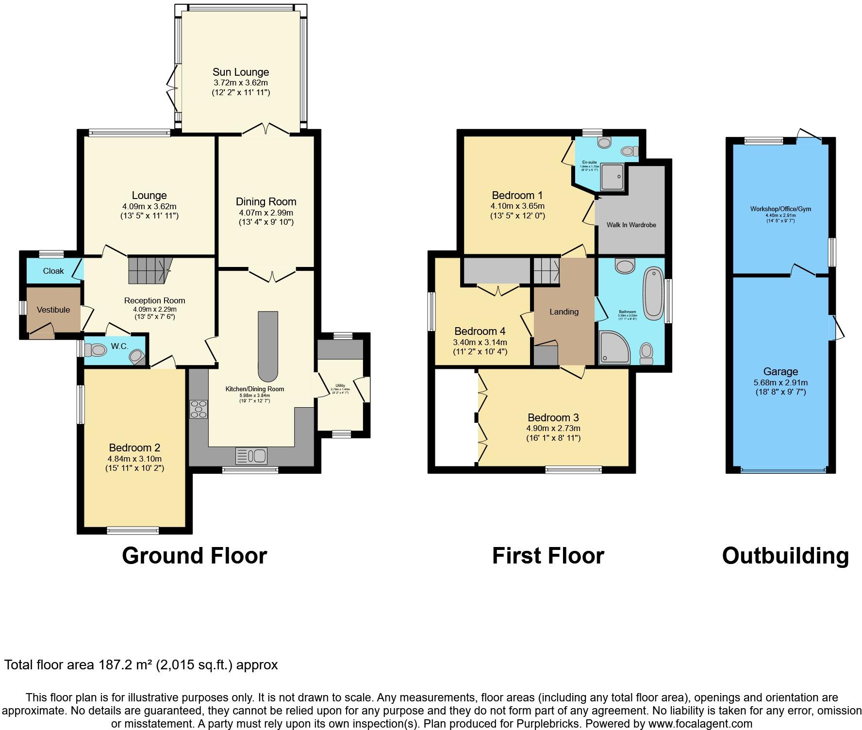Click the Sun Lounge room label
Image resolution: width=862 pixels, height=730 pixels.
point(241,72)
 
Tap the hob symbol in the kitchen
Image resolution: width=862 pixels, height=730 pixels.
point(199,409)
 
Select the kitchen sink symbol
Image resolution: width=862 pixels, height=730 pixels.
point(251,456)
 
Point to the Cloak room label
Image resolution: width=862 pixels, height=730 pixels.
point(53,271)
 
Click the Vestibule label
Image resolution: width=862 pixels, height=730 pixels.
point(53,310)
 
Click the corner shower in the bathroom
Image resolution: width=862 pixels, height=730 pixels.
point(614,347)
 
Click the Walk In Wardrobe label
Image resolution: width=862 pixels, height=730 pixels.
point(631,225)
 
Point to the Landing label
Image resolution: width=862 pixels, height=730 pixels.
point(564,312)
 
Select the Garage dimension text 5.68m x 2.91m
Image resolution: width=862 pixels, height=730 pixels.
point(780,382)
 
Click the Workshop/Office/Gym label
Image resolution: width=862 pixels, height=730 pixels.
point(780,209)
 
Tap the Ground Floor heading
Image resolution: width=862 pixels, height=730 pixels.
point(194,556)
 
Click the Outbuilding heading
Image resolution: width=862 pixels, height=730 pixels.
point(785,556)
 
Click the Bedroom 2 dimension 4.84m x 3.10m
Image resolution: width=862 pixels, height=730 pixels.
point(134,459)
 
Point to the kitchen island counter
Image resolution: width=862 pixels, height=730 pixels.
point(268,346)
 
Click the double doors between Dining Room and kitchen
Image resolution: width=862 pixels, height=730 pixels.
point(272,275)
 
